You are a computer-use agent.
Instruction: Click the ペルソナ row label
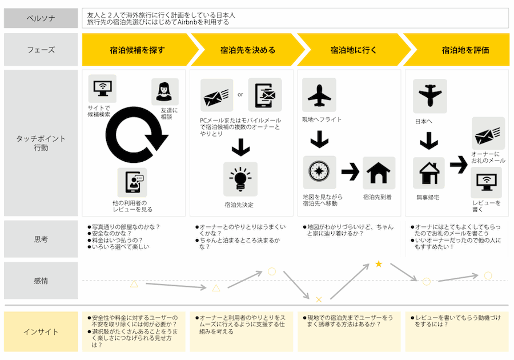(41, 18)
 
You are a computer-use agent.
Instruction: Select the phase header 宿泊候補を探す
(137, 50)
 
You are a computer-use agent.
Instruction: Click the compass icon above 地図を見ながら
(319, 172)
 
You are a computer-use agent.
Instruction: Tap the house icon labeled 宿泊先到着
(379, 173)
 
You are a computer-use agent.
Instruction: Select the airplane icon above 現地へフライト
(319, 95)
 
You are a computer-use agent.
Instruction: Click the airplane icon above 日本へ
(429, 96)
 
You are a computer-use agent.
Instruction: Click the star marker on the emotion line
(378, 264)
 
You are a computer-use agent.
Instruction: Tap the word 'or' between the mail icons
(240, 95)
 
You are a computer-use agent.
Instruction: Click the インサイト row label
(41, 331)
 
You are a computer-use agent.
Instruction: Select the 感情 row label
(41, 281)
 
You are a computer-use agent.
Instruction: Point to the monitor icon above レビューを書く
(488, 183)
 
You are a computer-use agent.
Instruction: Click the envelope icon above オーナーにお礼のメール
(488, 134)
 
